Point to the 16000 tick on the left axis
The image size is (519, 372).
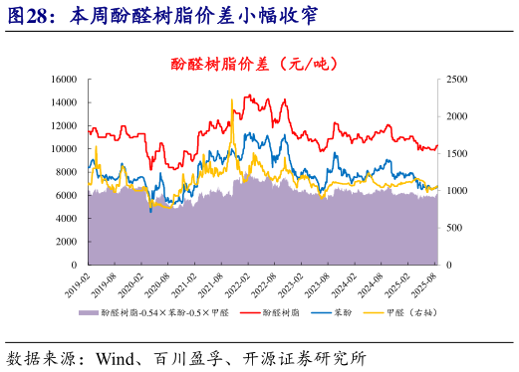(65, 79)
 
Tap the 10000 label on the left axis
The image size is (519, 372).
(65, 149)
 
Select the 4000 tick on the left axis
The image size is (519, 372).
(68, 219)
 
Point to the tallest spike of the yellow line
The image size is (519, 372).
(231, 99)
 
